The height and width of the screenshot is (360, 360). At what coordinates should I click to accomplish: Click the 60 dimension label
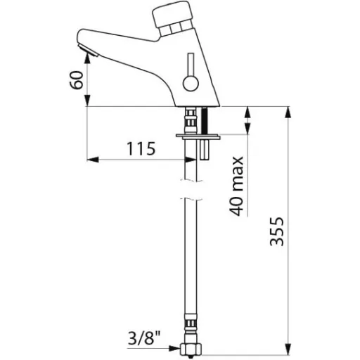pyautogui.click(x=77, y=80)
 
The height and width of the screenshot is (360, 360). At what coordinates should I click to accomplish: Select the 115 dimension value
pyautogui.click(x=141, y=148)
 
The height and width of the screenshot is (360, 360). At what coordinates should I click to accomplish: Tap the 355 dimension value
pyautogui.click(x=277, y=232)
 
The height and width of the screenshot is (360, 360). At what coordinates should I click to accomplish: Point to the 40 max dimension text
pyautogui.click(x=236, y=186)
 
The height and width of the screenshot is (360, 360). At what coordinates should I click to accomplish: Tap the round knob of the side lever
pyautogui.click(x=191, y=84)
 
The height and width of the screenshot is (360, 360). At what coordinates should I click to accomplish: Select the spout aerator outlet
pyautogui.click(x=88, y=50)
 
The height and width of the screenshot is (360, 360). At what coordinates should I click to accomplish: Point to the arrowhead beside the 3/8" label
pyautogui.click(x=174, y=348)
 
